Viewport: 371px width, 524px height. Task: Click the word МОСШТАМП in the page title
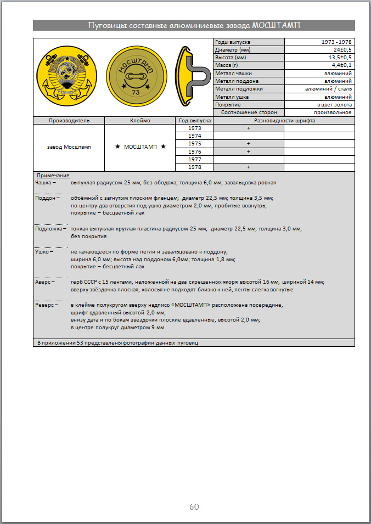click(x=276, y=25)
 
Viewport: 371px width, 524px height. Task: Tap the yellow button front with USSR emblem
click(x=68, y=77)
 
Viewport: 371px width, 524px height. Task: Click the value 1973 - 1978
click(x=336, y=42)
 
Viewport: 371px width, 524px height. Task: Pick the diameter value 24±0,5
click(x=340, y=50)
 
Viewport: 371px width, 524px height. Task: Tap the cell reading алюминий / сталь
click(x=328, y=88)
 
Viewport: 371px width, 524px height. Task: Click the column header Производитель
click(x=69, y=120)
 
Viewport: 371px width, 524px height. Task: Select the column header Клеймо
click(x=140, y=120)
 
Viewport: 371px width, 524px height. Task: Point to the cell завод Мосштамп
click(x=69, y=147)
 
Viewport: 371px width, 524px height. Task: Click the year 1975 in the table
click(x=194, y=143)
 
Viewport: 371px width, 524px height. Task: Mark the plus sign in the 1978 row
click(x=248, y=167)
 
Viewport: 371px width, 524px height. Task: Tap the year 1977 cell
click(x=194, y=159)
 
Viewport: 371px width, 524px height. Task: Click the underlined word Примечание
click(x=53, y=175)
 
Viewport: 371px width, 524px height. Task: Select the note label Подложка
click(x=48, y=229)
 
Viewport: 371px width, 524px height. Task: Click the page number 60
click(x=194, y=506)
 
